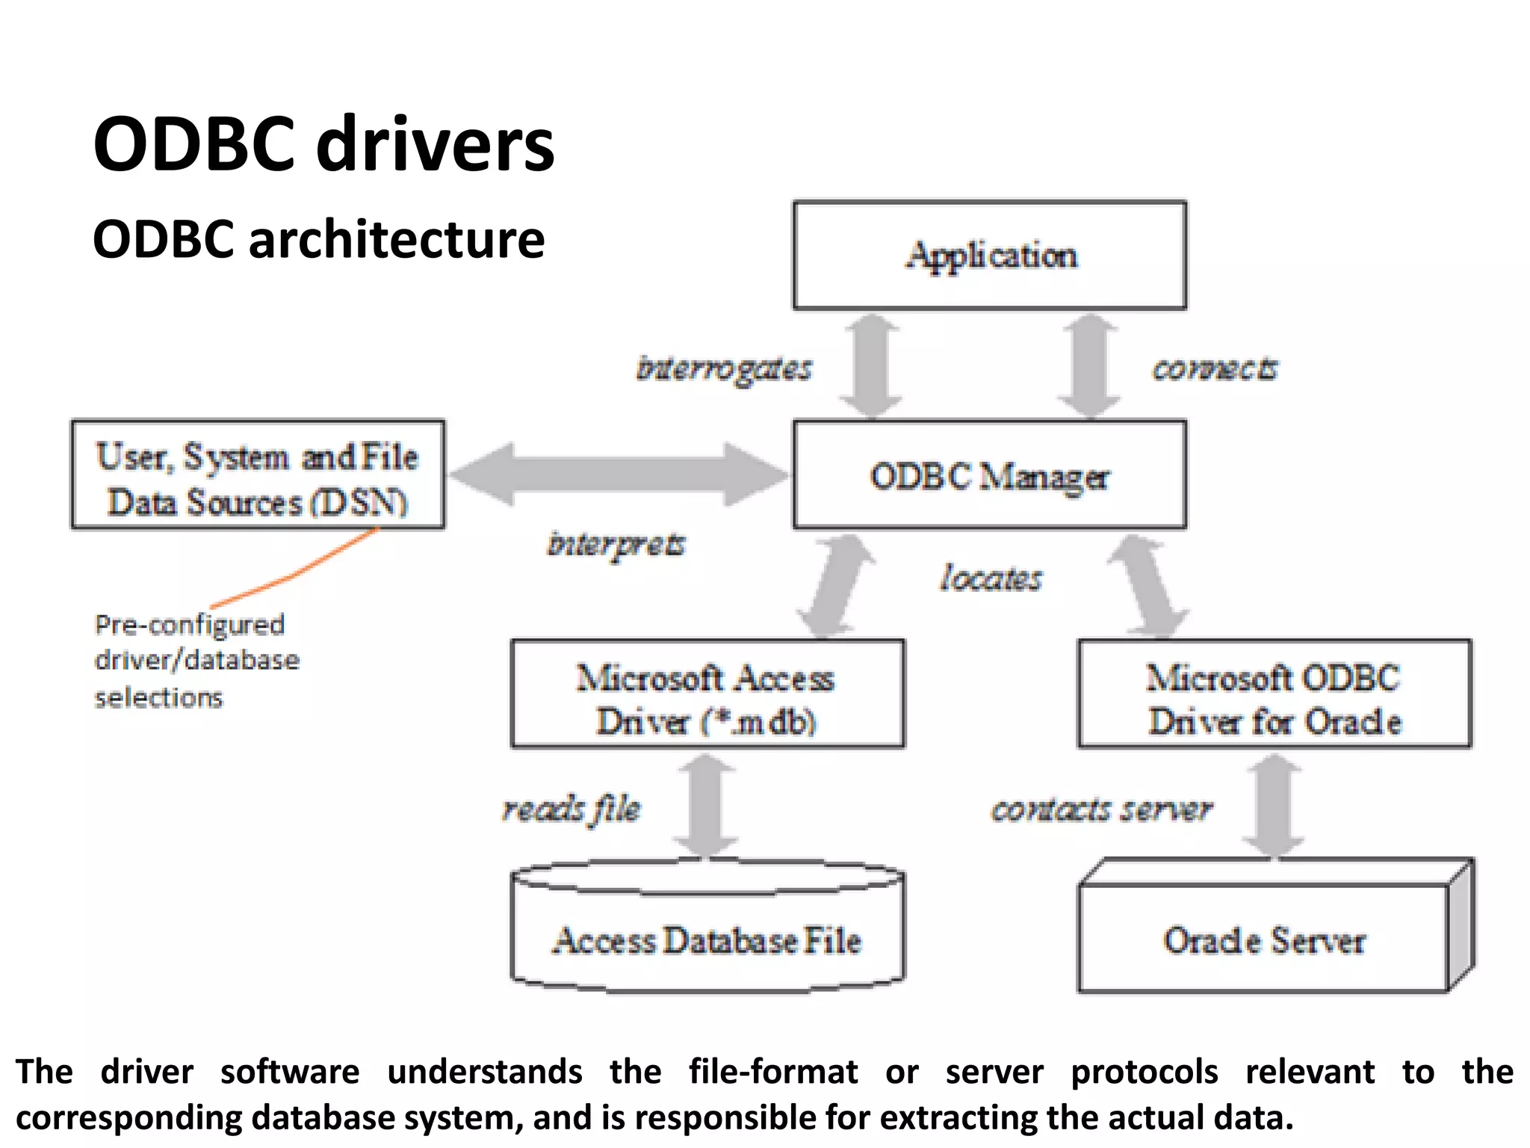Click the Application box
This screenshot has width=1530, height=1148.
click(x=990, y=256)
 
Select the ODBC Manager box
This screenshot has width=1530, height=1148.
click(x=990, y=475)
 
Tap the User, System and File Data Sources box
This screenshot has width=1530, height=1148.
click(x=258, y=475)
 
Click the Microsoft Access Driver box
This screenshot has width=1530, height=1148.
click(x=707, y=694)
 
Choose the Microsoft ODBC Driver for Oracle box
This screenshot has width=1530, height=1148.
click(x=1275, y=694)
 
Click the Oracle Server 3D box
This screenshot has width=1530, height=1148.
click(x=1266, y=939)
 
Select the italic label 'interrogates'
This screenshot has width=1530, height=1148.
click(x=723, y=368)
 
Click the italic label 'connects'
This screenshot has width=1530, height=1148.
click(x=1215, y=368)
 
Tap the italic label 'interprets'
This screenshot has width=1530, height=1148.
click(x=616, y=544)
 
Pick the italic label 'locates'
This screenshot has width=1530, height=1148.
click(x=991, y=578)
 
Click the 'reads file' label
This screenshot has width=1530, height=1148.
click(x=572, y=809)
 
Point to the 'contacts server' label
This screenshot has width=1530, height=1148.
click(x=1101, y=809)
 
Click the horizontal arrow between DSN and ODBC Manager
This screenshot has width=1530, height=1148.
click(x=619, y=474)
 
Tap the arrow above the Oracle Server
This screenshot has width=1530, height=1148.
click(x=1275, y=805)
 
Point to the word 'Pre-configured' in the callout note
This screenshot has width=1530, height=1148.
click(x=190, y=625)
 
